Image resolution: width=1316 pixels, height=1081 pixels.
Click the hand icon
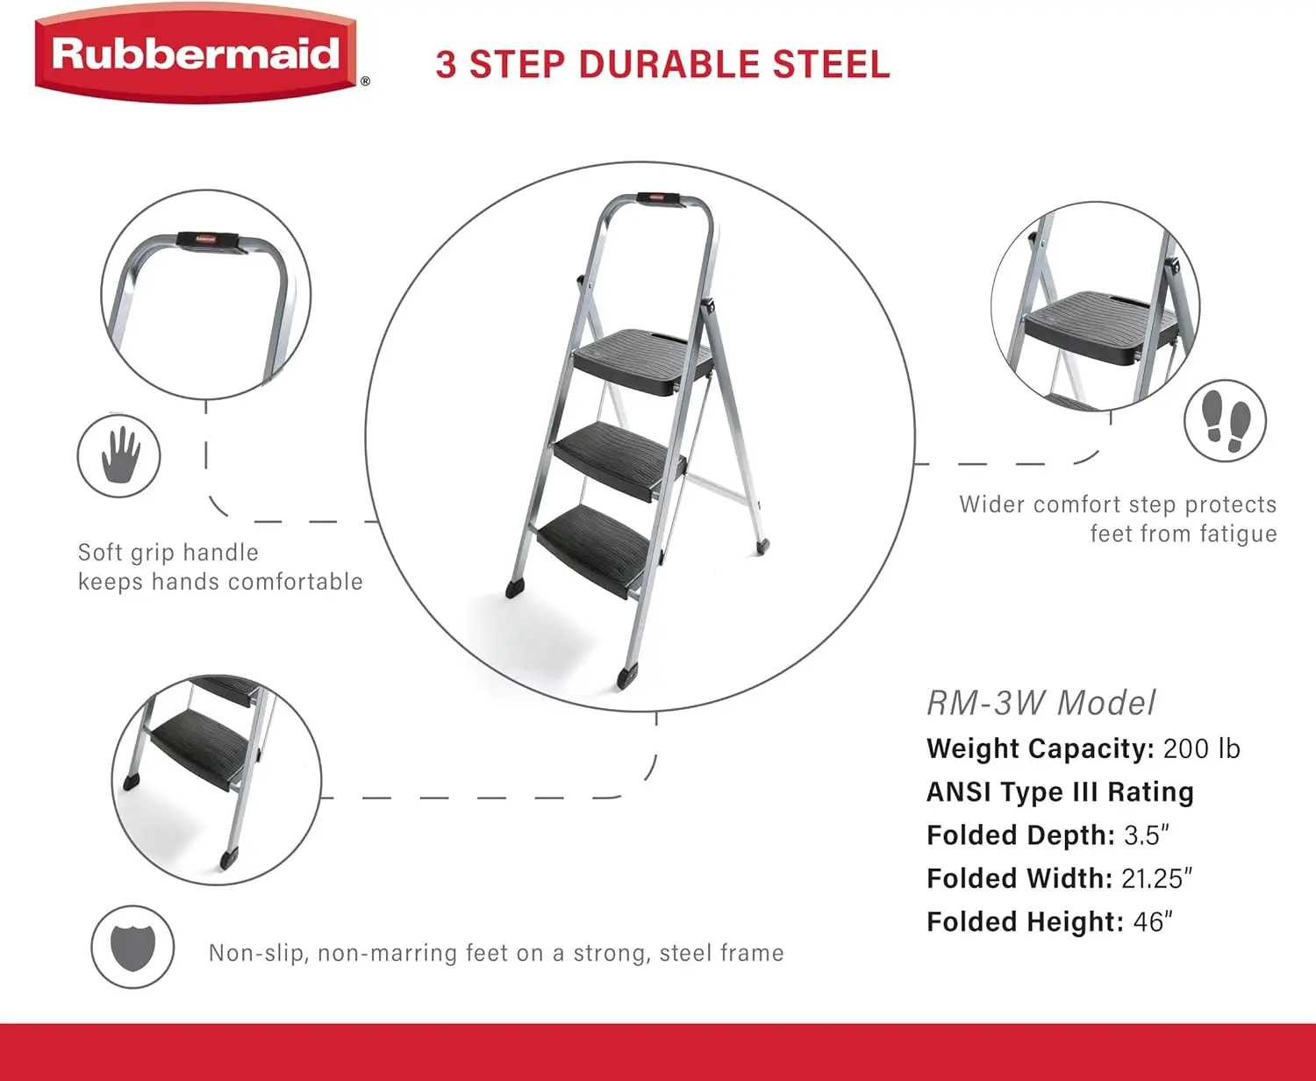tap(119, 455)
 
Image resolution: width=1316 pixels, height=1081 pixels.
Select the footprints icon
tap(1226, 420)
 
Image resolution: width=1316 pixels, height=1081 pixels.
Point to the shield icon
tap(132, 947)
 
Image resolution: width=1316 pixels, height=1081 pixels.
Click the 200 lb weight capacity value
tap(1202, 748)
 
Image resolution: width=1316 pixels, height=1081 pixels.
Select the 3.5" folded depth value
tap(1147, 835)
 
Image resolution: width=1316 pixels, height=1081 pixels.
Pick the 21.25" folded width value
tap(1156, 878)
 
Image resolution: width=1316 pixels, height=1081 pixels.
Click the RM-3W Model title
tap(1041, 703)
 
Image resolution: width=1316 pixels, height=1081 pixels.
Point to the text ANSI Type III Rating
tap(1060, 791)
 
